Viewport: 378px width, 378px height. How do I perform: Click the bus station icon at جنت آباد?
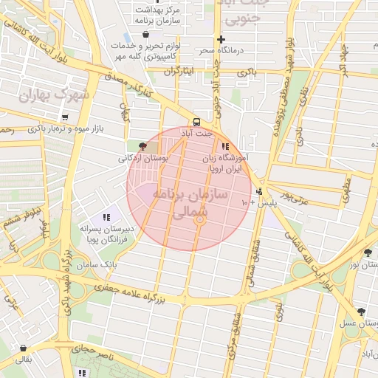[x=196, y=122]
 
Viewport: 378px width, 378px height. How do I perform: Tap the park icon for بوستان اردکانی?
[x=142, y=147]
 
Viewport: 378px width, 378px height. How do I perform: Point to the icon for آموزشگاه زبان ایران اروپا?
[x=224, y=146]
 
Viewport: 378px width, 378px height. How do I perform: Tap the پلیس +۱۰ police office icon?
[x=258, y=192]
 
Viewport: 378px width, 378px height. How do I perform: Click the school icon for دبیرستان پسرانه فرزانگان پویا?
[x=106, y=218]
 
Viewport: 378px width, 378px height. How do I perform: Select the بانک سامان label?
[x=100, y=264]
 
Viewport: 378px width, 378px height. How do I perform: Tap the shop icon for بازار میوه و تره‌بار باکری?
[x=65, y=117]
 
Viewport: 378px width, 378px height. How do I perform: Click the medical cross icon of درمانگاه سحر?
[x=220, y=39]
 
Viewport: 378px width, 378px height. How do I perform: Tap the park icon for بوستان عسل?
[x=360, y=312]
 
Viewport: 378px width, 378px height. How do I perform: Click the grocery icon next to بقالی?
[x=24, y=348]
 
